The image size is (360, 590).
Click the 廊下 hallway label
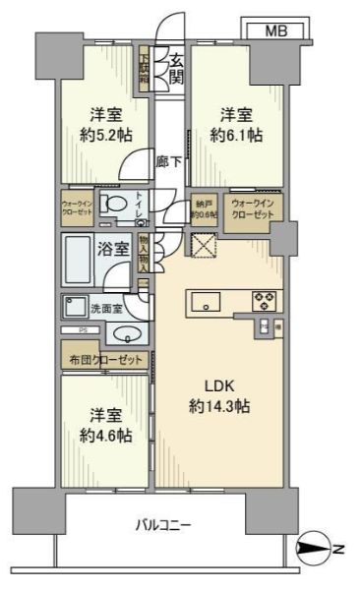point(168,160)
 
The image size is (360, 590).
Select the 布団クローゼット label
point(105,360)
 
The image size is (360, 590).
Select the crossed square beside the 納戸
point(204,246)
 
